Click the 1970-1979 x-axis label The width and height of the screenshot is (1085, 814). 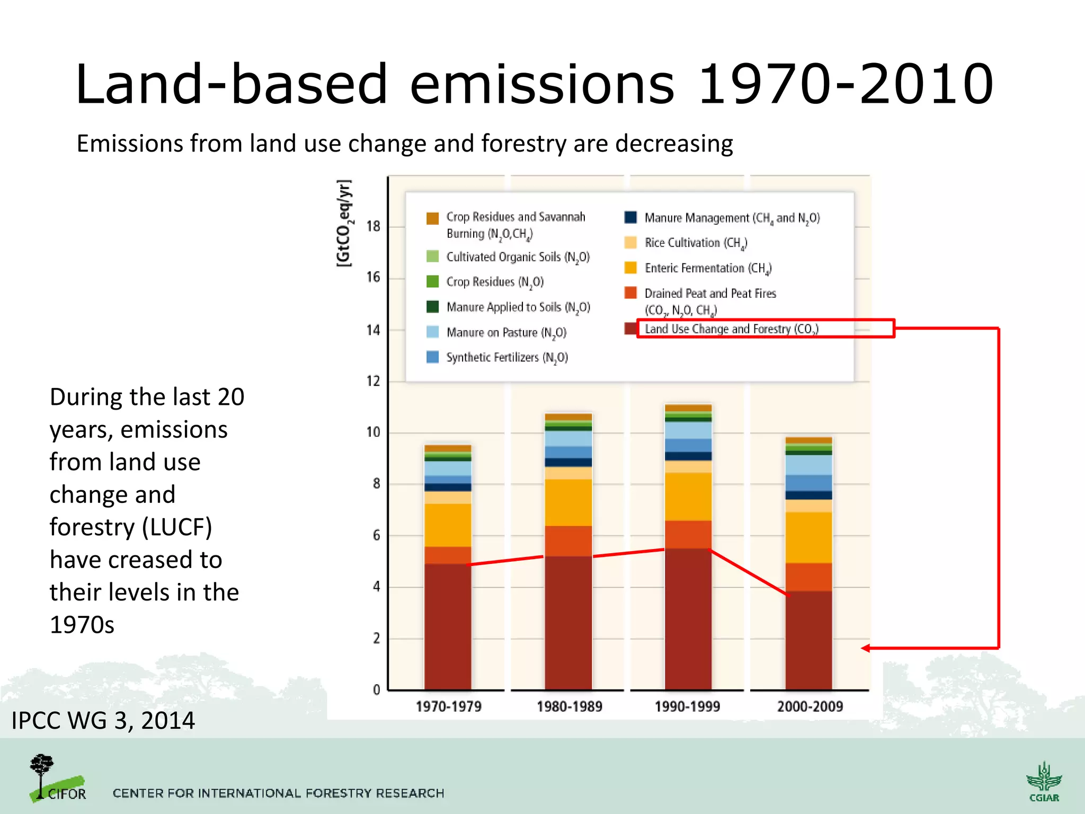click(448, 706)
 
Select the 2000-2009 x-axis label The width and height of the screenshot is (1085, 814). click(810, 706)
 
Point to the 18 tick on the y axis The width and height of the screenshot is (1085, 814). click(373, 226)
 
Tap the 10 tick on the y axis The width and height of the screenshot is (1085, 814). click(373, 432)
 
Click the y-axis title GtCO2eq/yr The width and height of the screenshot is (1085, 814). click(344, 223)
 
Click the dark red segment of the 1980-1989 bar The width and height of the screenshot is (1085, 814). click(568, 623)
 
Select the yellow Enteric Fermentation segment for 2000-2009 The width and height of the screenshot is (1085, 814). click(808, 537)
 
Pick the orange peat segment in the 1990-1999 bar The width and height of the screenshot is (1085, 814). click(688, 534)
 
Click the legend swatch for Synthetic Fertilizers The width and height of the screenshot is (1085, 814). click(432, 357)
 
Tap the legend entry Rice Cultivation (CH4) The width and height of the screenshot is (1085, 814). click(695, 243)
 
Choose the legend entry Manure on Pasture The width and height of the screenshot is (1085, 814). click(506, 333)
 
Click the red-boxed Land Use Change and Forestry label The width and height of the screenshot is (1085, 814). click(731, 329)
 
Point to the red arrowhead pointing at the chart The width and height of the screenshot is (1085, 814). click(866, 648)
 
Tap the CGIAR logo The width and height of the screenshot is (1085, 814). click(1044, 782)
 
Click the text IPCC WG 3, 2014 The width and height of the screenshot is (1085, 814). click(103, 721)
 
